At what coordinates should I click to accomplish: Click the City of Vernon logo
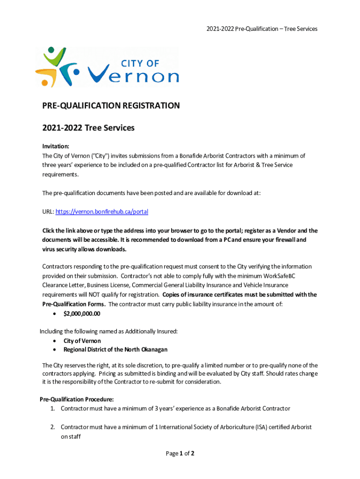pos(107,67)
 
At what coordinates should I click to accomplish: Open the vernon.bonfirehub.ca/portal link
pos(102,212)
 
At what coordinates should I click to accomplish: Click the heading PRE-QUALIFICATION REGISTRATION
pos(111,106)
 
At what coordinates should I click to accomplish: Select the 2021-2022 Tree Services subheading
pos(88,128)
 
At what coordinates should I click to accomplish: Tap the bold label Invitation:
pos(56,146)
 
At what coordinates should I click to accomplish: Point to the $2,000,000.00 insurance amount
pos(82,313)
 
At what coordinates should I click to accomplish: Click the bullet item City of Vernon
pos(82,341)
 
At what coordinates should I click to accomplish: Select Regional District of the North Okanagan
pos(115,349)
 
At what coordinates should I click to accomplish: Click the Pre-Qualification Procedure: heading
pos(77,399)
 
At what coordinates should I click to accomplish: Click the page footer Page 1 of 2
pos(180,453)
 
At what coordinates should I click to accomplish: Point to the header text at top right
pos(262,29)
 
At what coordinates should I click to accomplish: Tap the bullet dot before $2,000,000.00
pos(56,313)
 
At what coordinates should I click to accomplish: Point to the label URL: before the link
pos(48,212)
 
